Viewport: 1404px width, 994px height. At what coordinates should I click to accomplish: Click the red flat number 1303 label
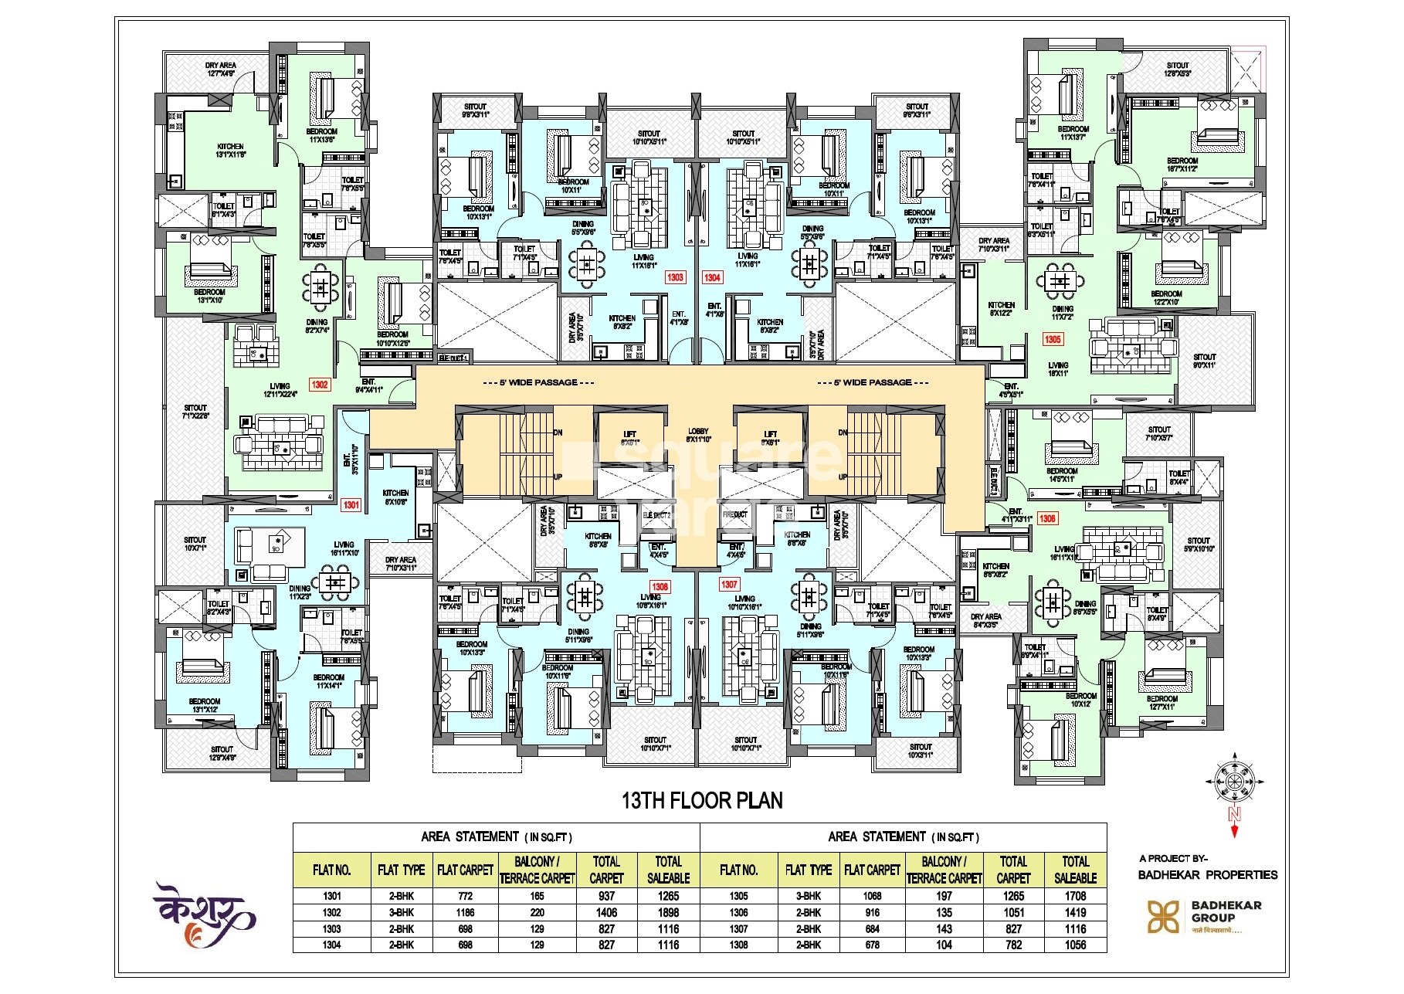click(x=675, y=277)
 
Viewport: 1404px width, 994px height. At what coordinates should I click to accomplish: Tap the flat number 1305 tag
click(x=1053, y=339)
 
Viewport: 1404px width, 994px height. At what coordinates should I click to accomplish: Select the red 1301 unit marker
click(x=351, y=505)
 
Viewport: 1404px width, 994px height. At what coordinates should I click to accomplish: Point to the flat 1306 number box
click(x=1047, y=519)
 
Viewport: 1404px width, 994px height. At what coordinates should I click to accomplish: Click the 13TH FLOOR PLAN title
click(x=702, y=801)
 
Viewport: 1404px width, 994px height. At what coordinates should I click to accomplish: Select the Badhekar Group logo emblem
click(x=1163, y=917)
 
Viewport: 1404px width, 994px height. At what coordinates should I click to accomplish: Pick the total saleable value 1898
click(x=668, y=913)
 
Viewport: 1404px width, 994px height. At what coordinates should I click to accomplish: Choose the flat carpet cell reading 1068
click(x=872, y=897)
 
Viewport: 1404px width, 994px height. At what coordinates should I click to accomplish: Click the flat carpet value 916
click(x=872, y=913)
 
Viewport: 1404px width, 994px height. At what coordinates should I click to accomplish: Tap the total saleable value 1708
click(x=1075, y=897)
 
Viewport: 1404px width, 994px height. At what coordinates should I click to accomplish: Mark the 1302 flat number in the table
click(x=332, y=913)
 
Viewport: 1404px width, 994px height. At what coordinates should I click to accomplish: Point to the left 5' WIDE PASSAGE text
click(x=538, y=383)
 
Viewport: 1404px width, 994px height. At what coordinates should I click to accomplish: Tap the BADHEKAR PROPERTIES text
click(x=1208, y=875)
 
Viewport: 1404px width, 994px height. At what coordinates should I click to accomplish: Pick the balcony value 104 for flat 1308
click(x=944, y=945)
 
